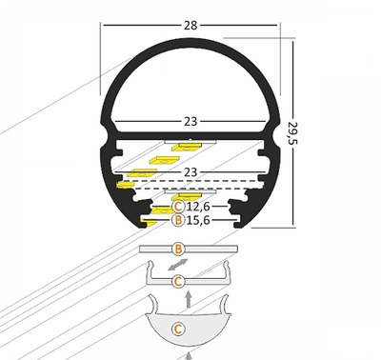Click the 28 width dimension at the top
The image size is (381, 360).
[x=192, y=10]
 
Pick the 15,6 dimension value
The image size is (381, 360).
[x=199, y=221]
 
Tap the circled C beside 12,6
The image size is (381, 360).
[x=179, y=206]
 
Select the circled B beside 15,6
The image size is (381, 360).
[x=178, y=221]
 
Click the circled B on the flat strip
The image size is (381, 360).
[x=178, y=250]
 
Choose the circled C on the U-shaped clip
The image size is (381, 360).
[x=178, y=281]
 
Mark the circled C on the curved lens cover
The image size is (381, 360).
[x=178, y=330]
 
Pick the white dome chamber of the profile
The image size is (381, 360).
[x=190, y=81]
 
